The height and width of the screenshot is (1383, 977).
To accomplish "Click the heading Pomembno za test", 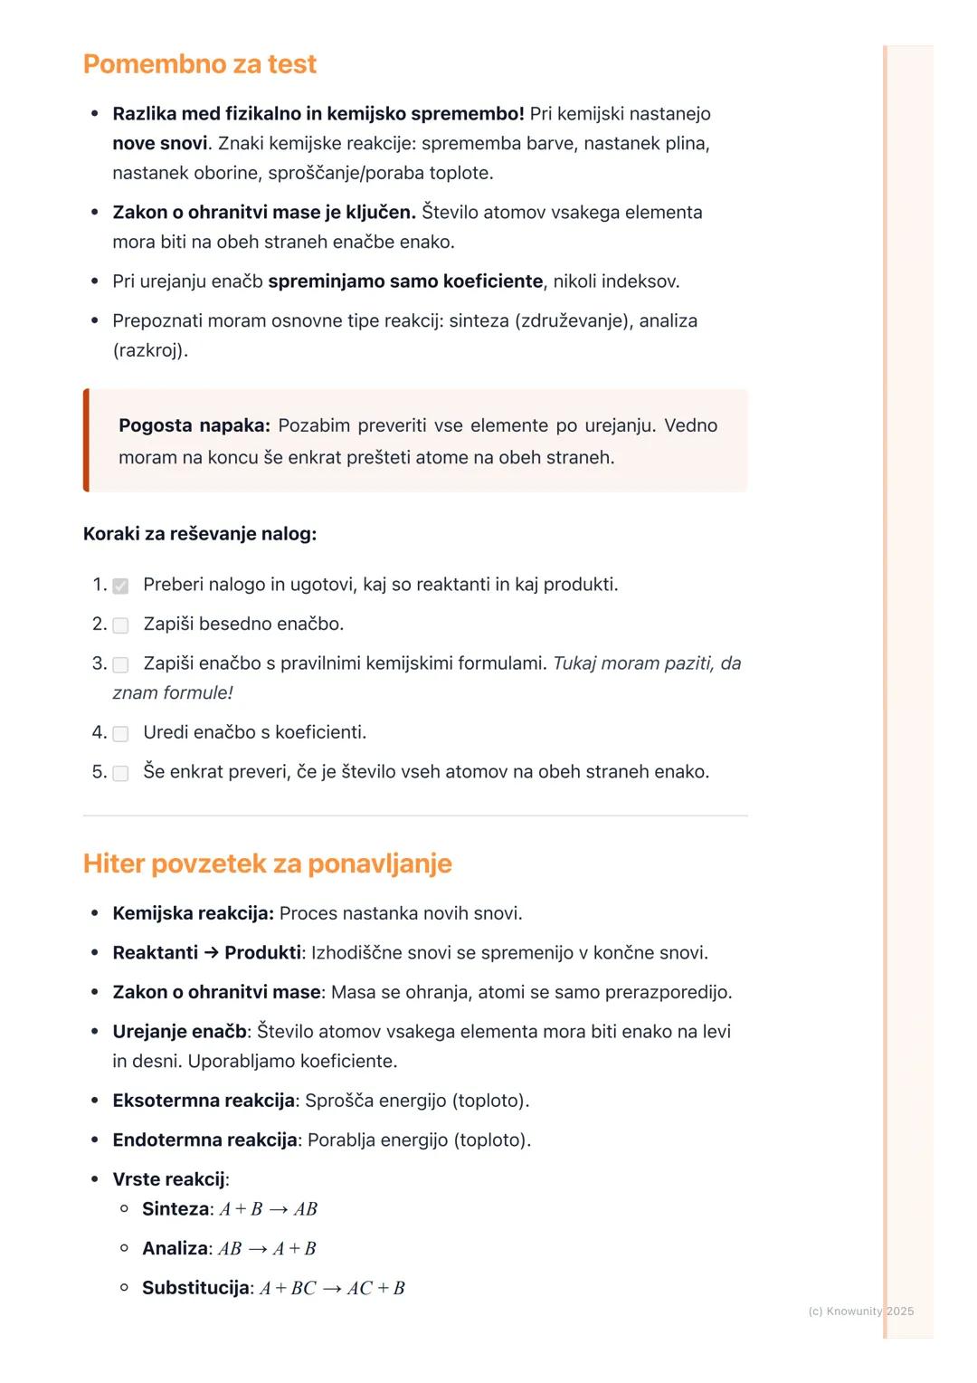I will click(x=199, y=64).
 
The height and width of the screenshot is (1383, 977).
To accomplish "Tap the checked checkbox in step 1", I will click(x=120, y=586).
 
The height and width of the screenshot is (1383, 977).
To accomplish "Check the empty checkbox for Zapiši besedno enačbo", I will click(x=120, y=625).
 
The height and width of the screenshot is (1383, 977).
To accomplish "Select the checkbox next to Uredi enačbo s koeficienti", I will click(x=120, y=734).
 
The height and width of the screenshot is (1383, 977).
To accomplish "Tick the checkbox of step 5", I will click(x=120, y=773).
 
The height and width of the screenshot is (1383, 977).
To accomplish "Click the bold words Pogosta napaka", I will click(x=194, y=425).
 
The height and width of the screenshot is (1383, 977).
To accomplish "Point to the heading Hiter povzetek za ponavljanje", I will click(x=267, y=863).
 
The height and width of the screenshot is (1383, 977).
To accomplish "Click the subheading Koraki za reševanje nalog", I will click(x=199, y=534).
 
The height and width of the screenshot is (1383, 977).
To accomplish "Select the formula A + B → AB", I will click(x=269, y=1209).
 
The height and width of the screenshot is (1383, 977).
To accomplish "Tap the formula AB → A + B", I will click(x=267, y=1249).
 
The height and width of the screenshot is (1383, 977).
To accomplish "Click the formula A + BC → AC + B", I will click(x=332, y=1288).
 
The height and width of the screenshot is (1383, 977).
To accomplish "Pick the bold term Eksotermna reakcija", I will click(x=204, y=1101).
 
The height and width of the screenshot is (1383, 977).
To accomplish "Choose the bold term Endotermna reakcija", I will click(x=204, y=1140).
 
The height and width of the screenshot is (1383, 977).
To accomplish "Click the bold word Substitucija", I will click(x=195, y=1288).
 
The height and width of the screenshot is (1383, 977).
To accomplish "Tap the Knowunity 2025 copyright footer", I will click(x=860, y=1311).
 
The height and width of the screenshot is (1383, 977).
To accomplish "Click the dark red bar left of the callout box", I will click(x=86, y=441).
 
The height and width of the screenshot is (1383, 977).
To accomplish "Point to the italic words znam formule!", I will click(x=172, y=693).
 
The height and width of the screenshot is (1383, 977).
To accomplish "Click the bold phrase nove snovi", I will click(x=159, y=144).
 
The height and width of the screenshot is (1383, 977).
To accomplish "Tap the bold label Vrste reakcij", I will click(x=168, y=1179).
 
